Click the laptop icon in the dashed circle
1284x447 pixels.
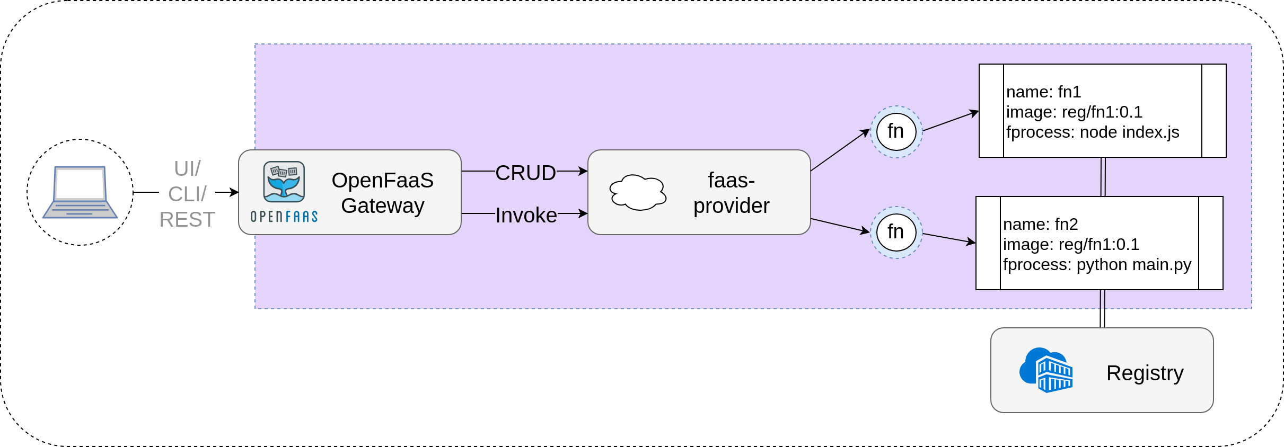80,192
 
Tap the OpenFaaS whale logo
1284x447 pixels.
284,182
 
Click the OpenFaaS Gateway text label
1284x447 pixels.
382,193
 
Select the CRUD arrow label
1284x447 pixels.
525,173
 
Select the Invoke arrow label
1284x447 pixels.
526,215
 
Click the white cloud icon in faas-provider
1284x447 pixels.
638,193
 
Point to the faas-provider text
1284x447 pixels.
731,193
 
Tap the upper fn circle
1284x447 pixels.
896,131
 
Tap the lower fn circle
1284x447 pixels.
896,232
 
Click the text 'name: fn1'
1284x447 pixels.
1043,92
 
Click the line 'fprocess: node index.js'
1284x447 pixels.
1092,132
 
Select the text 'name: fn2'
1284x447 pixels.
1040,224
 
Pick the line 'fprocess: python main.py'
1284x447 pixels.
1097,264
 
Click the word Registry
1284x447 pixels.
1145,373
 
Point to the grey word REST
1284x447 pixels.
187,219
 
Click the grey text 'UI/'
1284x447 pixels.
187,168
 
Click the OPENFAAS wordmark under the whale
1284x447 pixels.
284,217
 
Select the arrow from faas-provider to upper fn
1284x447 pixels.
840,150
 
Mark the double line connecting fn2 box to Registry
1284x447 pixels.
1102,309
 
